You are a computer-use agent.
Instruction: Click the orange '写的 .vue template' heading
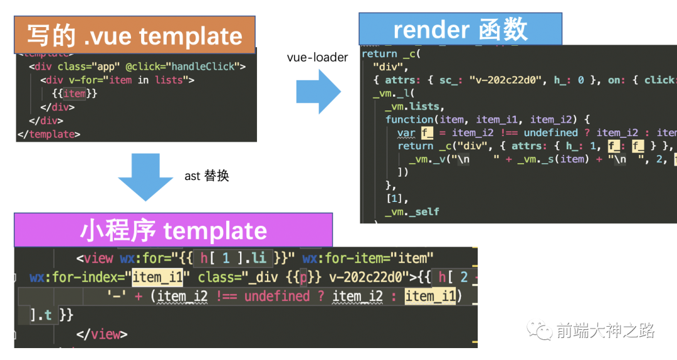(134, 35)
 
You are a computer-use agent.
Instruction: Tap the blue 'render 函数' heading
(460, 29)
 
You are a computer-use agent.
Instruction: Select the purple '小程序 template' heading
(173, 231)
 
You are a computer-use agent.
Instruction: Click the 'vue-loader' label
(317, 58)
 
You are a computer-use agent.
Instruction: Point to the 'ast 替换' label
(207, 176)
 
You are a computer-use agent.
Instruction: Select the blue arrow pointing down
(145, 175)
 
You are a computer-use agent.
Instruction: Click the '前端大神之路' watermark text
(605, 331)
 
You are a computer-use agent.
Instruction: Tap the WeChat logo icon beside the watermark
(540, 331)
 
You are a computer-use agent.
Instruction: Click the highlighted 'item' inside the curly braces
(75, 93)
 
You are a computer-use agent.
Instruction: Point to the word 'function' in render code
(409, 119)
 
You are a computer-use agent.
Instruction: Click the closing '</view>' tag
(102, 334)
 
